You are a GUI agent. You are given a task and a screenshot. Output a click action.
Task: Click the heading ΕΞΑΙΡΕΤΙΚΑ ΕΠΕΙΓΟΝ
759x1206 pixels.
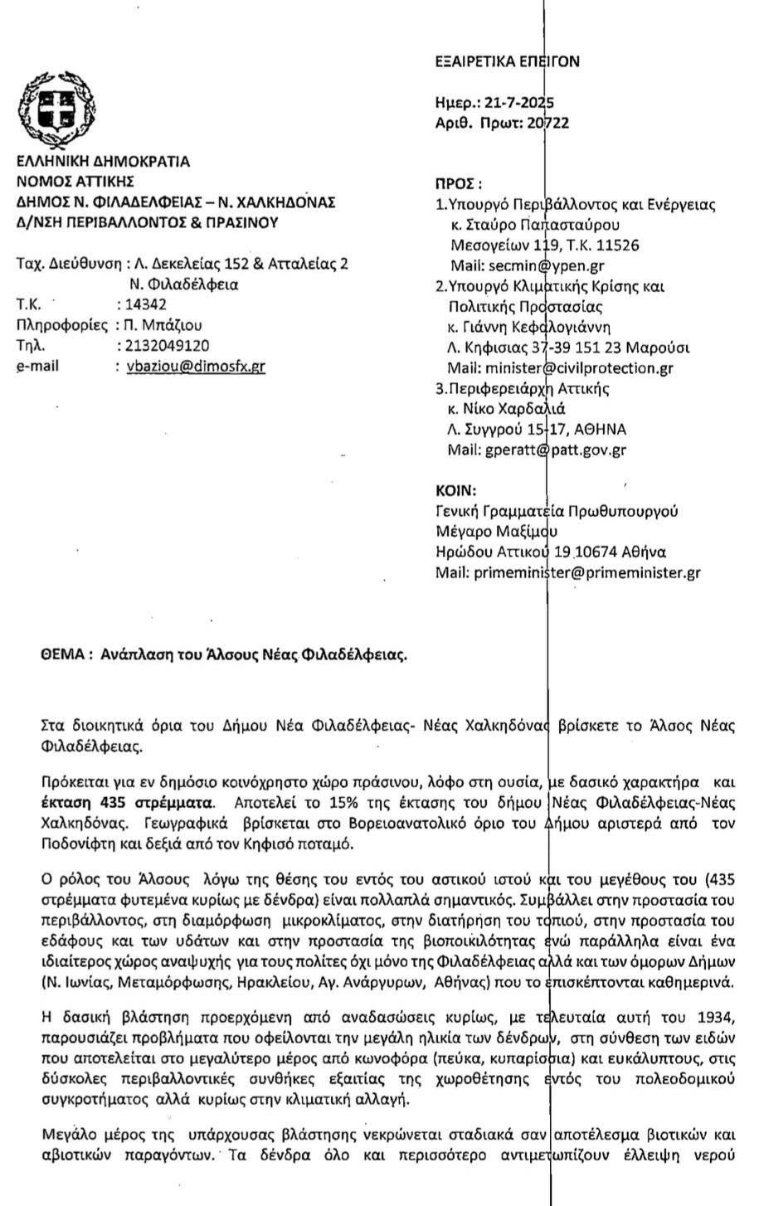(507, 61)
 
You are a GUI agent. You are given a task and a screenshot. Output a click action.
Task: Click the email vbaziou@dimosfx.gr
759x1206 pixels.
(195, 366)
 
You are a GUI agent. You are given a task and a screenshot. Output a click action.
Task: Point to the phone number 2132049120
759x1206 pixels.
(165, 345)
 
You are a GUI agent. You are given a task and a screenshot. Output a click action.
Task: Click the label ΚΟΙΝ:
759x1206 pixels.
(455, 490)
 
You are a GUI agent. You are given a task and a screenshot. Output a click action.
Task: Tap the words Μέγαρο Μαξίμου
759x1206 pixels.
(496, 532)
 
